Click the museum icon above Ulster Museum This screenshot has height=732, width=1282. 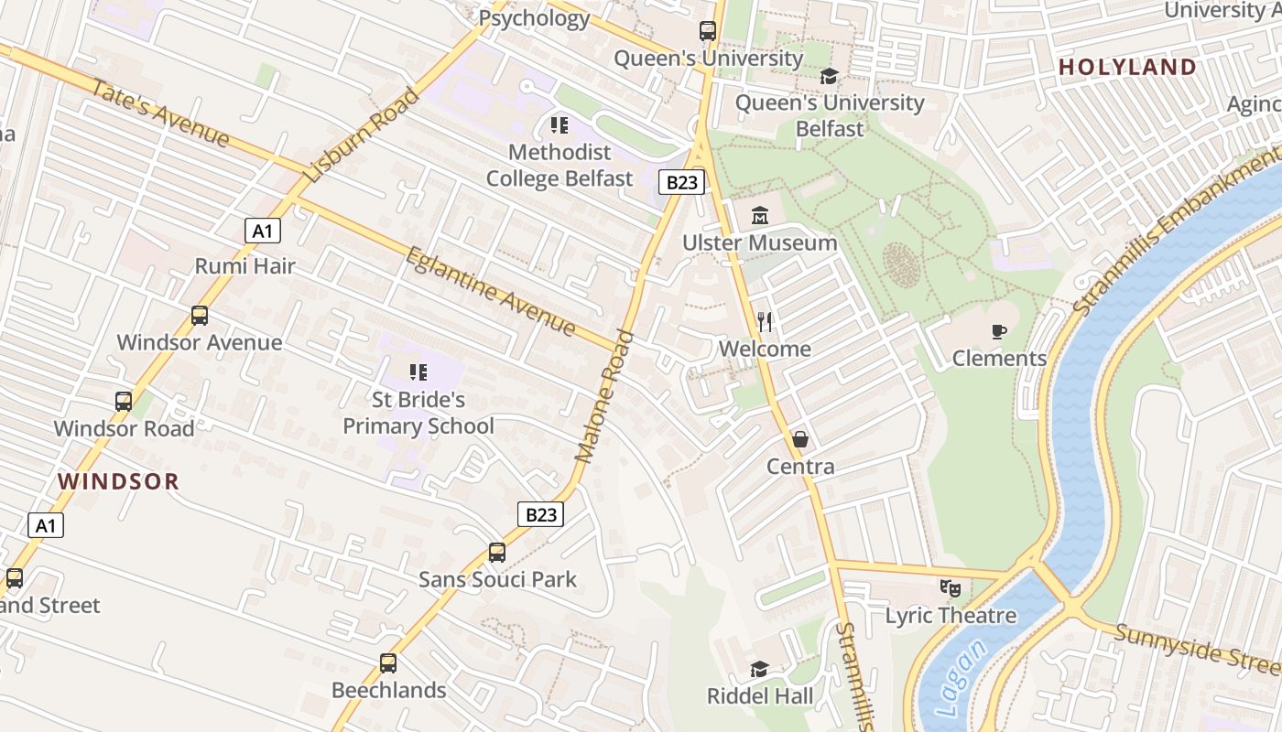coord(760,216)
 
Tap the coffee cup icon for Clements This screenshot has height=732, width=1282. coord(999,331)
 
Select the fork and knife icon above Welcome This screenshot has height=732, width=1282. coord(766,321)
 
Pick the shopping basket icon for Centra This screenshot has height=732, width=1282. coord(800,439)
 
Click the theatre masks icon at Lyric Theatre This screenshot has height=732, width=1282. coord(951,587)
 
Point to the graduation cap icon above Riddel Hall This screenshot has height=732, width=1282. coord(759,669)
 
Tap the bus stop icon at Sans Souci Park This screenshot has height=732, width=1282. coord(497,552)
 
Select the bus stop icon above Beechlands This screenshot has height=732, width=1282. coord(388,662)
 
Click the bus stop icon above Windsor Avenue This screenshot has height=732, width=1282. coord(200,316)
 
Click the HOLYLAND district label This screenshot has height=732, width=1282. coord(1127,67)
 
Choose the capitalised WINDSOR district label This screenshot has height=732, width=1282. coord(119,481)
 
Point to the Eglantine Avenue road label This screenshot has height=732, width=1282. coord(491,291)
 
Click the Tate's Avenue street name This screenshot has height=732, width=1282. coord(160,113)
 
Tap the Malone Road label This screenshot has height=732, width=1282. coord(604,395)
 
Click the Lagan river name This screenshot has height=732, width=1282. coord(962,678)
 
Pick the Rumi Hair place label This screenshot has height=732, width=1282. coord(245,266)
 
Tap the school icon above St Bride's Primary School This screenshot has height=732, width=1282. coord(418,371)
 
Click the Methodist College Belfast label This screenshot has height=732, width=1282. coord(559,165)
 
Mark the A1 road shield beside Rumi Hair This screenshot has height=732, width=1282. coord(263,231)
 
